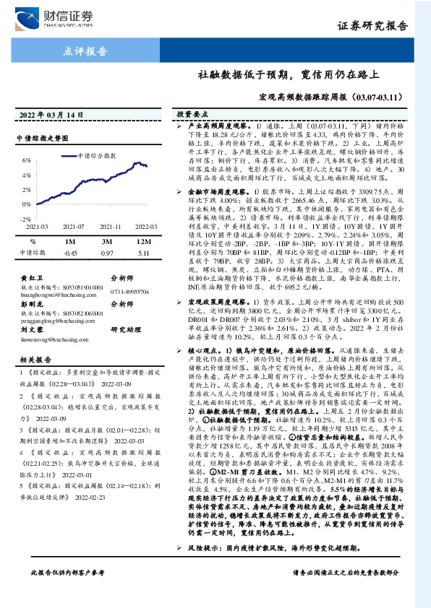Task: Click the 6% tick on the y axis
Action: pos(26,160)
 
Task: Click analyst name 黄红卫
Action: pos(30,277)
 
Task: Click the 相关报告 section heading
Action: pos(34,358)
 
